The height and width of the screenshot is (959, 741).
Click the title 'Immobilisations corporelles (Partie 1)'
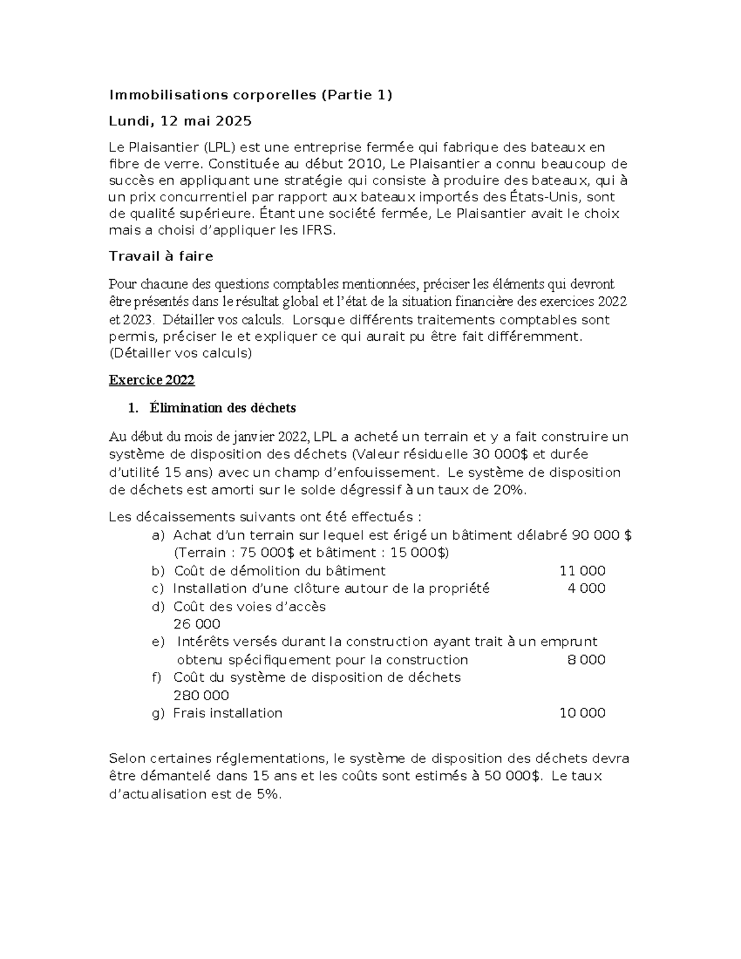point(250,95)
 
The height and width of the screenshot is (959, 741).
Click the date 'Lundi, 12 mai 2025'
point(180,121)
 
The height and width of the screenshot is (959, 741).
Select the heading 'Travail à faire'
point(161,256)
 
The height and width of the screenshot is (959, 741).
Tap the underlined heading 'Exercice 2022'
point(151,380)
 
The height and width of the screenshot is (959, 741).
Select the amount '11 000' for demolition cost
point(582,571)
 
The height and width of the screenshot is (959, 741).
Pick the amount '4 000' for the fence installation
point(586,588)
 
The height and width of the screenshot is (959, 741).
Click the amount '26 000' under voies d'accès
point(196,624)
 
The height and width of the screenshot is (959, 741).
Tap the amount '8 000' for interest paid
point(586,660)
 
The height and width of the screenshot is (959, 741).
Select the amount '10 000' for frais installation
point(582,713)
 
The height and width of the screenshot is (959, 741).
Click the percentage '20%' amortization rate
point(511,490)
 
